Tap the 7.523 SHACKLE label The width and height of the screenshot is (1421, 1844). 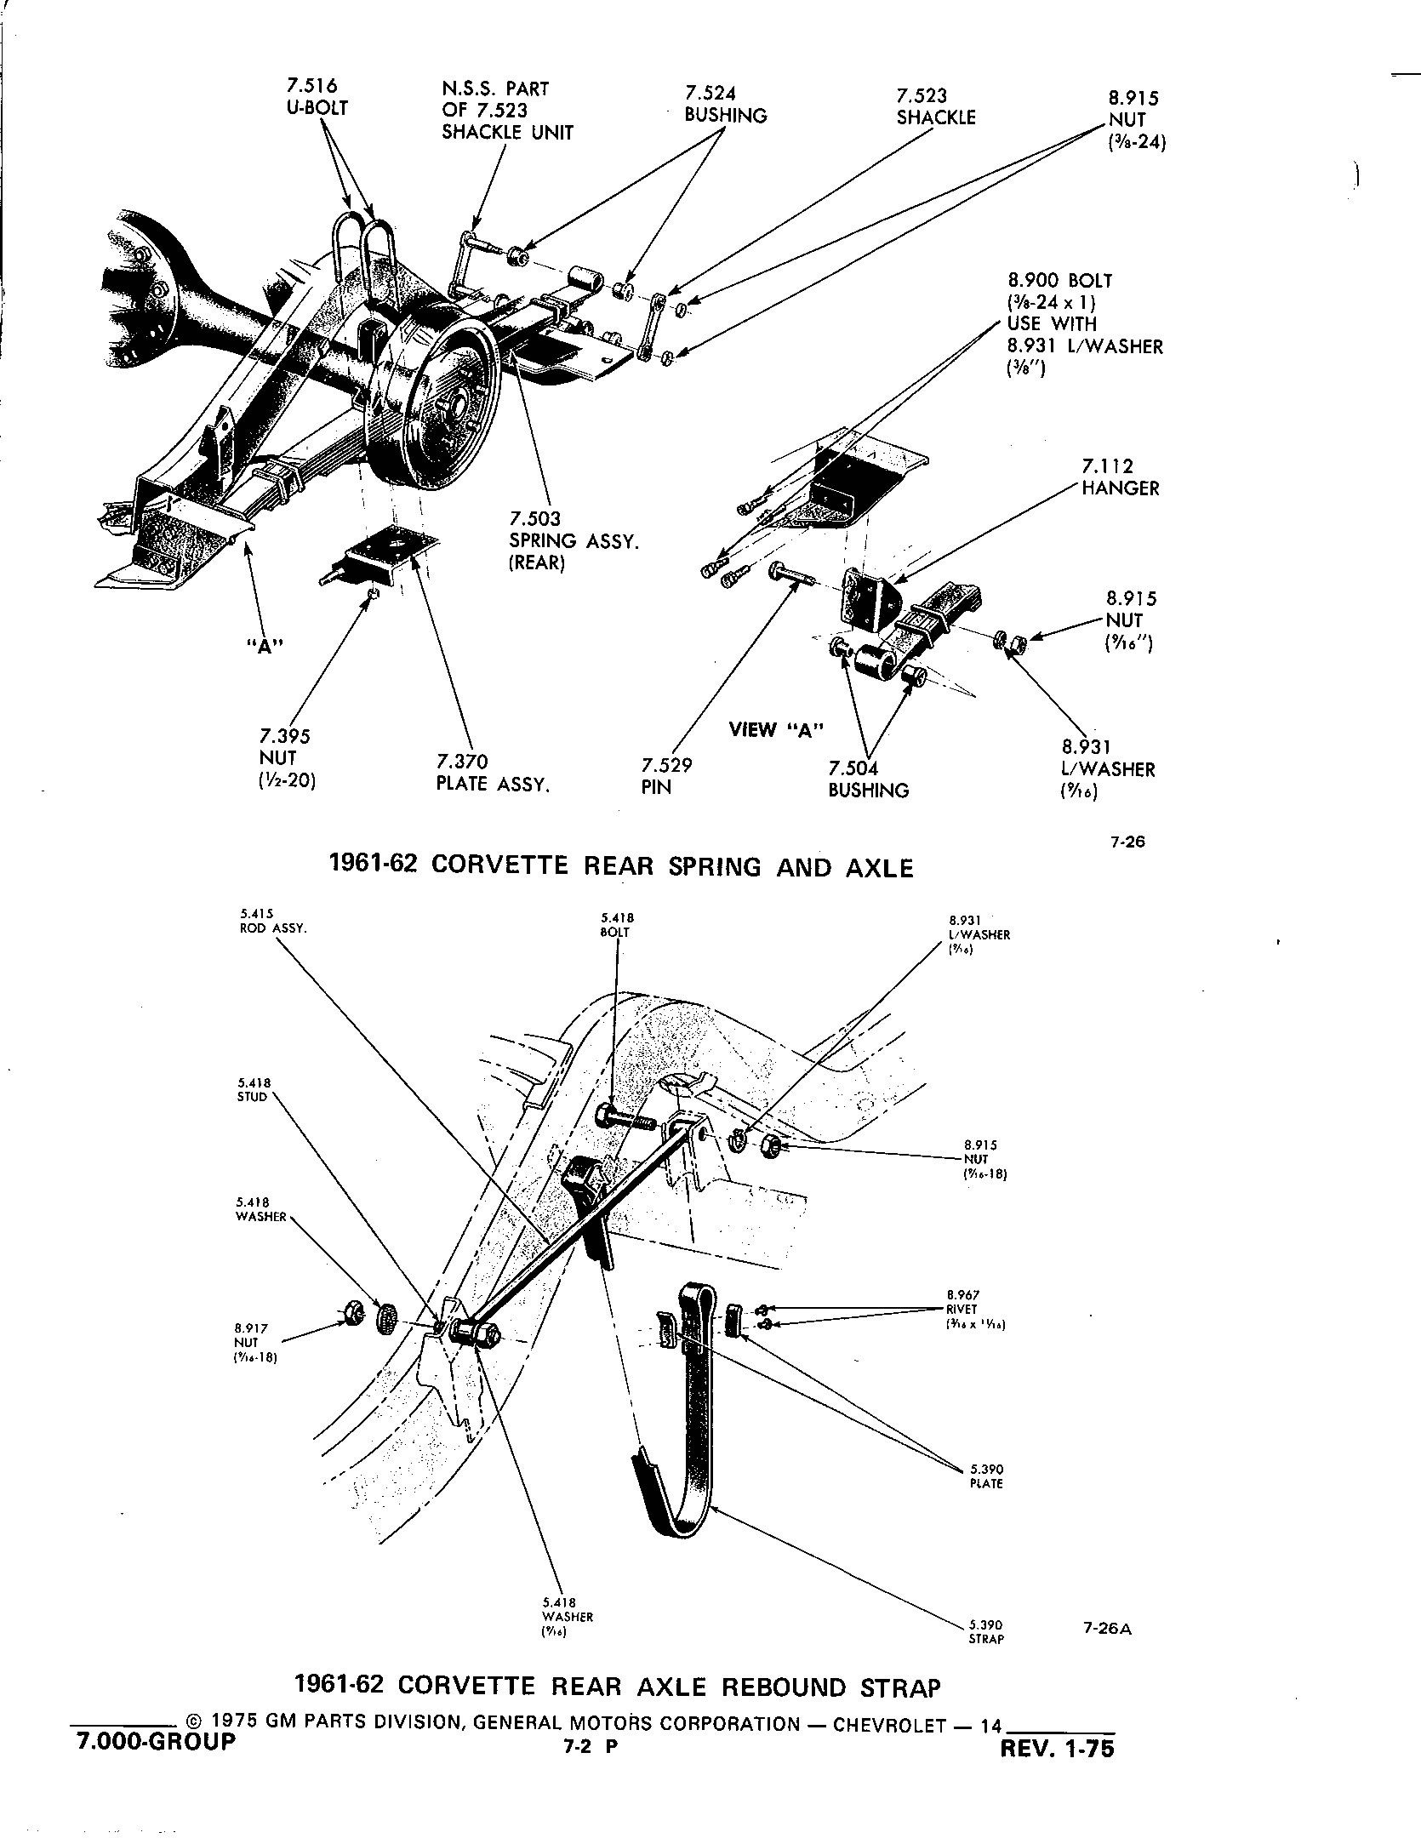coord(935,107)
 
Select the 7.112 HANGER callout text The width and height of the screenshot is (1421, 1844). coord(1120,477)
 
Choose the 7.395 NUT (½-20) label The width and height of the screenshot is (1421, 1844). coord(286,758)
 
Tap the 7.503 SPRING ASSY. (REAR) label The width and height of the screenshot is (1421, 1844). coord(574,540)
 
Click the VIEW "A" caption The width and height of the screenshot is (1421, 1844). coord(777,729)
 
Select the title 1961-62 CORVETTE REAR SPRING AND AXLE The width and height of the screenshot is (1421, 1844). coord(621,866)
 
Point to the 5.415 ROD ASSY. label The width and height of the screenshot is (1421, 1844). coord(272,922)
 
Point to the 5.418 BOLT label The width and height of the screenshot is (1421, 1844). coord(617,925)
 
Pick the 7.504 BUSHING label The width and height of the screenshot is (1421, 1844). coord(868,779)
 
